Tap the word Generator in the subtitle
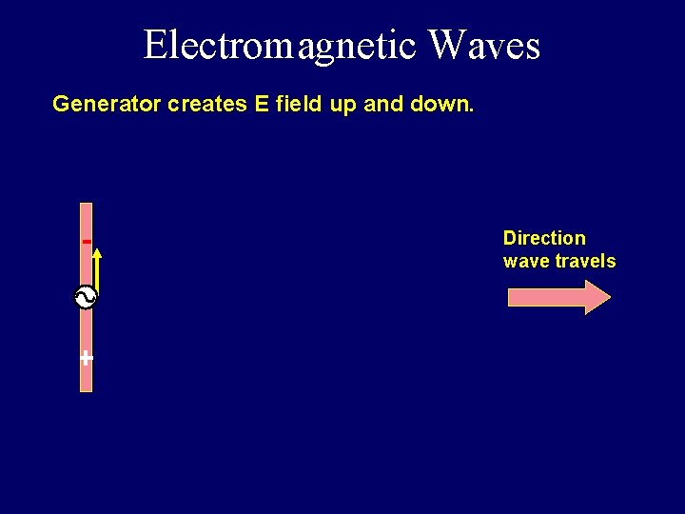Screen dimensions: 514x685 [x=107, y=104]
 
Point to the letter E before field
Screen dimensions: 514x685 [x=262, y=104]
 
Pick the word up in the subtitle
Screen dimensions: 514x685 [x=342, y=105]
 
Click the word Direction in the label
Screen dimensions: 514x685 [x=544, y=238]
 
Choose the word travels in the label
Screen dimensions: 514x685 [x=585, y=261]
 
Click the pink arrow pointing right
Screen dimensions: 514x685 [x=552, y=297]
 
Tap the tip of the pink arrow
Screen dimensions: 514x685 [x=608, y=297]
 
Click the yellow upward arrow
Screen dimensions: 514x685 [x=97, y=271]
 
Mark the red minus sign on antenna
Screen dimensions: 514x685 [x=87, y=242]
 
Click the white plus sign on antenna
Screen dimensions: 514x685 [x=87, y=358]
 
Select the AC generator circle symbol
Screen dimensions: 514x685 [x=86, y=298]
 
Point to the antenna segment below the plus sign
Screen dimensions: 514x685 [x=87, y=379]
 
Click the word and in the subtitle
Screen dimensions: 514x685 [x=383, y=104]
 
